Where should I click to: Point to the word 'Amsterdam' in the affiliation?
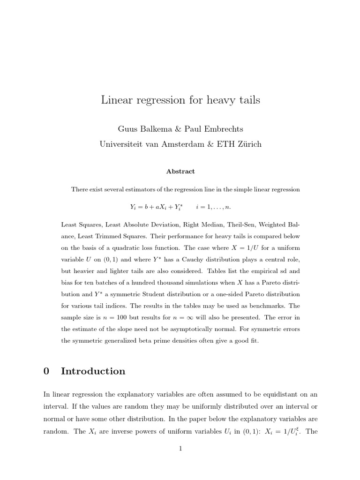[x=175, y=144]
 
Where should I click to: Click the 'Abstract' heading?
[x=180, y=172]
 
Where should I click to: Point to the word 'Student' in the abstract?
[x=168, y=294]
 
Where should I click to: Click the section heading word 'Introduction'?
[x=93, y=371]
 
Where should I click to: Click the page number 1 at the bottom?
[x=180, y=449]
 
